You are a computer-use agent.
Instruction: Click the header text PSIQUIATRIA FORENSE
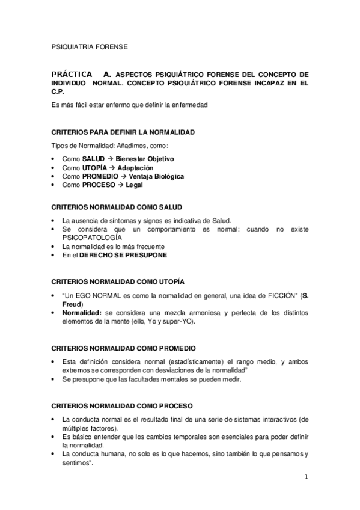click(x=89, y=45)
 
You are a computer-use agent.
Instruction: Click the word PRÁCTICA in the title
click(x=72, y=75)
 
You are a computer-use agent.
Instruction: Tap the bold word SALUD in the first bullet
click(x=93, y=159)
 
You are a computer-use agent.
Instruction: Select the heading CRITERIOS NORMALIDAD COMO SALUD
click(x=118, y=207)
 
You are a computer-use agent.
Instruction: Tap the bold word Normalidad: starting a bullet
click(x=82, y=313)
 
